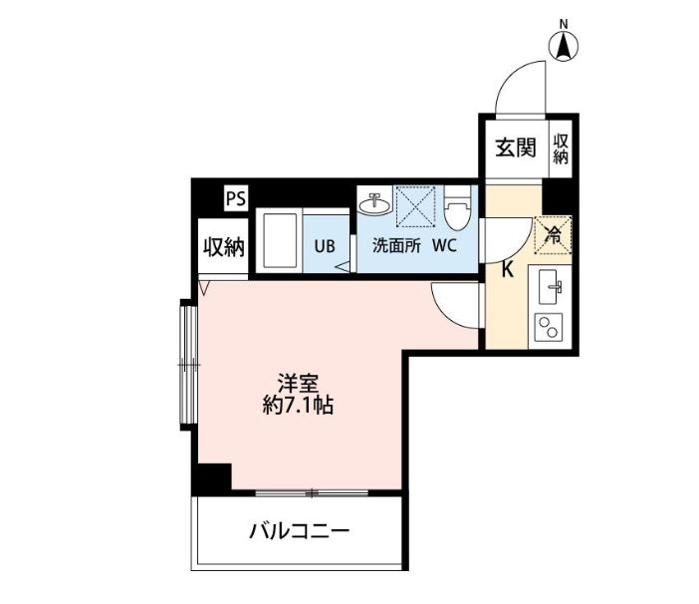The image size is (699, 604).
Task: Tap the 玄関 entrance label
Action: (516, 149)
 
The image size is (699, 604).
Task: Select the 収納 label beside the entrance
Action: (562, 149)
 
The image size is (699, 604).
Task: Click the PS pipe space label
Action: (235, 197)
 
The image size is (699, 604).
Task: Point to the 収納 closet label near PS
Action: (224, 247)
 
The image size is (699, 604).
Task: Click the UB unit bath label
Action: (325, 247)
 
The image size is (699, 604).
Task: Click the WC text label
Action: (444, 247)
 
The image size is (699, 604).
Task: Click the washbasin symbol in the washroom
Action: (377, 204)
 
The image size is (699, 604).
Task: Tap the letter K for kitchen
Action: (507, 269)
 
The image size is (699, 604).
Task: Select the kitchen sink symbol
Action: (550, 289)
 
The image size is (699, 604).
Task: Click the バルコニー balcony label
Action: (299, 530)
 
